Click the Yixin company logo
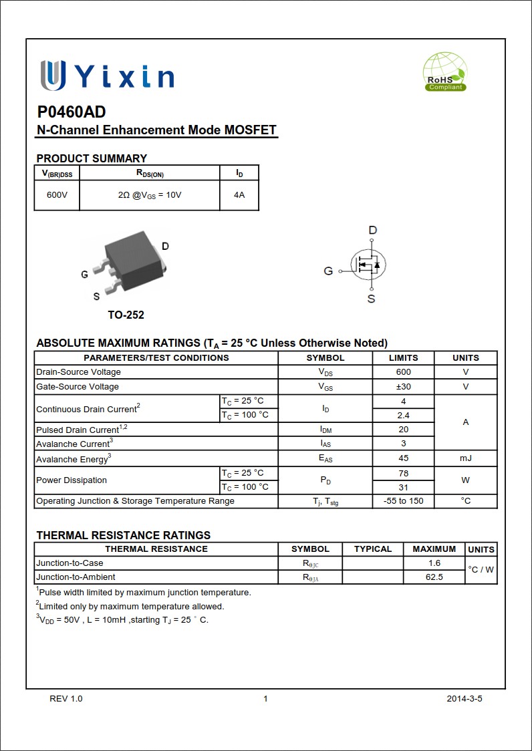pyautogui.click(x=107, y=76)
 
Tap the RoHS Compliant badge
pyautogui.click(x=445, y=73)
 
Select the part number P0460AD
pyautogui.click(x=71, y=112)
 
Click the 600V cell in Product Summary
pyautogui.click(x=57, y=195)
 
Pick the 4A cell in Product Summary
pyautogui.click(x=239, y=195)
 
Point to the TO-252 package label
pyautogui.click(x=126, y=315)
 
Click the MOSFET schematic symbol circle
pyautogui.click(x=370, y=265)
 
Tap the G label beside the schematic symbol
pyautogui.click(x=328, y=271)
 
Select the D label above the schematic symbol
pyautogui.click(x=373, y=231)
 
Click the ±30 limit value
pyautogui.click(x=403, y=386)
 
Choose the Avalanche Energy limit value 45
pyautogui.click(x=403, y=458)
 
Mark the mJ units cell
pyautogui.click(x=465, y=458)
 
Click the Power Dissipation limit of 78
pyautogui.click(x=403, y=473)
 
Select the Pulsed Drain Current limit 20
pyautogui.click(x=403, y=430)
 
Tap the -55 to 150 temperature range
pyautogui.click(x=403, y=501)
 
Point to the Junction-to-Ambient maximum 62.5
pyautogui.click(x=434, y=577)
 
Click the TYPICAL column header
pyautogui.click(x=372, y=549)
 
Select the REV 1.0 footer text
pyautogui.click(x=66, y=699)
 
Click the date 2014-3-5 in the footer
pyautogui.click(x=464, y=699)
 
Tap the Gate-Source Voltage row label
pyautogui.click(x=78, y=387)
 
